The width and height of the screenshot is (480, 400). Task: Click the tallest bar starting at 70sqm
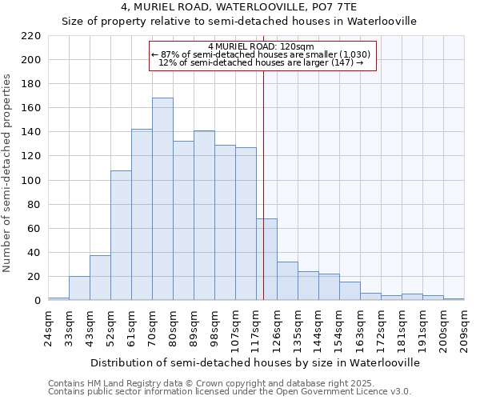click(162, 199)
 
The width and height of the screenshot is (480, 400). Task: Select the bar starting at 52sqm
click(121, 235)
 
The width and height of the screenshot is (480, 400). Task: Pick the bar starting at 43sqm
click(100, 278)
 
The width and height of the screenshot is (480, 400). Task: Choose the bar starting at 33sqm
click(79, 288)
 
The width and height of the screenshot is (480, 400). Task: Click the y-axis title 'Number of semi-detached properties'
click(8, 173)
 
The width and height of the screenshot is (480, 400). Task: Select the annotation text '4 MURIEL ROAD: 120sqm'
click(261, 46)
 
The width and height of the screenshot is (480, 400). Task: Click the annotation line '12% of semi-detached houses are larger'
click(261, 62)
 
